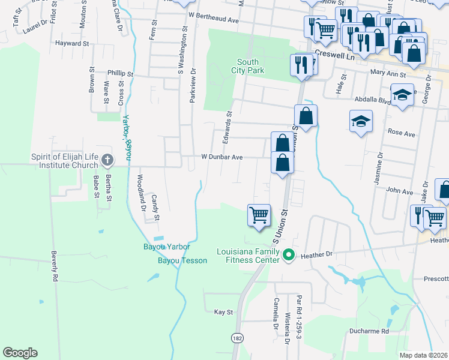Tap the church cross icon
pyautogui.click(x=107, y=160)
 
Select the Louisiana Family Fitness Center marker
pyautogui.click(x=289, y=255)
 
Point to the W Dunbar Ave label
pyautogui.click(x=221, y=157)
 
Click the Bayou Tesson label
pyautogui.click(x=182, y=260)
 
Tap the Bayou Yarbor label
pyautogui.click(x=166, y=247)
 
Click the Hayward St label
pyautogui.click(x=71, y=44)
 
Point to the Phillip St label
pyautogui.click(x=120, y=73)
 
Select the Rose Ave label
pyautogui.click(x=402, y=133)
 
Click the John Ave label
pyautogui.click(x=400, y=192)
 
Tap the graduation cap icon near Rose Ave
pyautogui.click(x=361, y=122)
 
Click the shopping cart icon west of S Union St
pyautogui.click(x=259, y=214)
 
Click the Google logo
pyautogui.click(x=20, y=353)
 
